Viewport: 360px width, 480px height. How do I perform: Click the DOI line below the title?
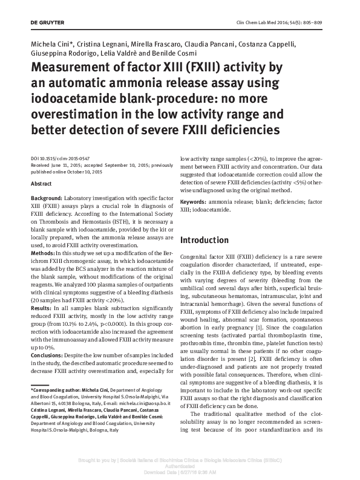pyautogui.click(x=63, y=155)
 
